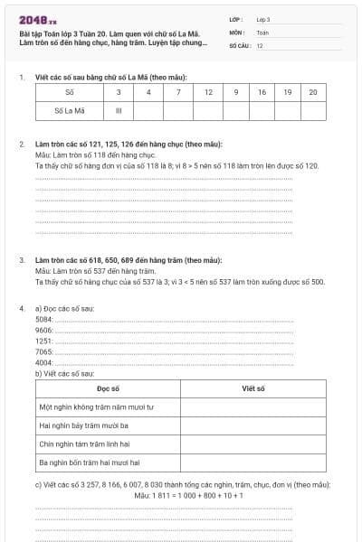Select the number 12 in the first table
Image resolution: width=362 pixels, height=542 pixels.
pyautogui.click(x=209, y=92)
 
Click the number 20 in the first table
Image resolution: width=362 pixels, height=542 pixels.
pyautogui.click(x=312, y=92)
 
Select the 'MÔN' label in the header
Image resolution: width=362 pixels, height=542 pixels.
pyautogui.click(x=236, y=32)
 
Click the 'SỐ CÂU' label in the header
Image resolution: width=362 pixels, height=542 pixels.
pyautogui.click(x=240, y=44)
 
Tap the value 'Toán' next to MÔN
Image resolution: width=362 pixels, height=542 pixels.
pyautogui.click(x=262, y=32)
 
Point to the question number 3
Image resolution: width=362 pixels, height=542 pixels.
pyautogui.click(x=22, y=260)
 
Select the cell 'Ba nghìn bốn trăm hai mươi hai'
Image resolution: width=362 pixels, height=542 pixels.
pyautogui.click(x=90, y=463)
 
